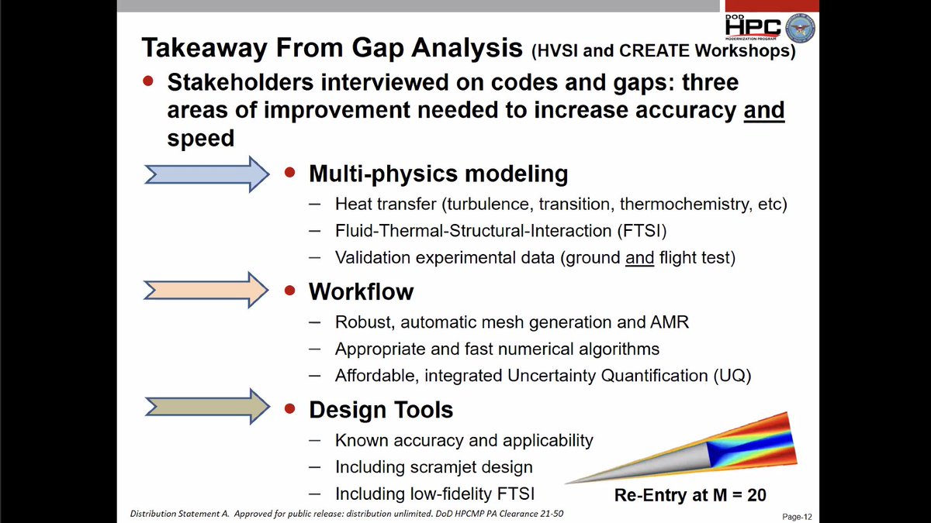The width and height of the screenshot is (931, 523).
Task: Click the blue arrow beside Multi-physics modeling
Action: [x=207, y=174]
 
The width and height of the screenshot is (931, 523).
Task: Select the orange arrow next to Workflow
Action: [x=206, y=290]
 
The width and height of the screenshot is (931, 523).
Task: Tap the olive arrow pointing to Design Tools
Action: [x=207, y=407]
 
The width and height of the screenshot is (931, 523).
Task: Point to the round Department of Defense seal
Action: [x=800, y=28]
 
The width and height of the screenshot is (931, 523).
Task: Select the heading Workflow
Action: [x=362, y=291]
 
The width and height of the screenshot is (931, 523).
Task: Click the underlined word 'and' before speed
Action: [x=764, y=110]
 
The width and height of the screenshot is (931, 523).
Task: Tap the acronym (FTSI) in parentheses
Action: [x=642, y=231]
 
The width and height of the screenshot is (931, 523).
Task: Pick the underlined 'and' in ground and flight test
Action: [x=639, y=258]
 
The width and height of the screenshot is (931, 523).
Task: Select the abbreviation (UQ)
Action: [x=732, y=376]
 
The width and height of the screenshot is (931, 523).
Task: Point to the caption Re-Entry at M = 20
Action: [x=690, y=495]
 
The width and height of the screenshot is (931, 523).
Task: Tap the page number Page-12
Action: [x=797, y=517]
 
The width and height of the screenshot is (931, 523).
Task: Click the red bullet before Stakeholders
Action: [x=148, y=81]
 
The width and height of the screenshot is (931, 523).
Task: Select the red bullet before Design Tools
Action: [x=289, y=409]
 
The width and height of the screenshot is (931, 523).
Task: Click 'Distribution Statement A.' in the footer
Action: [x=179, y=514]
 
